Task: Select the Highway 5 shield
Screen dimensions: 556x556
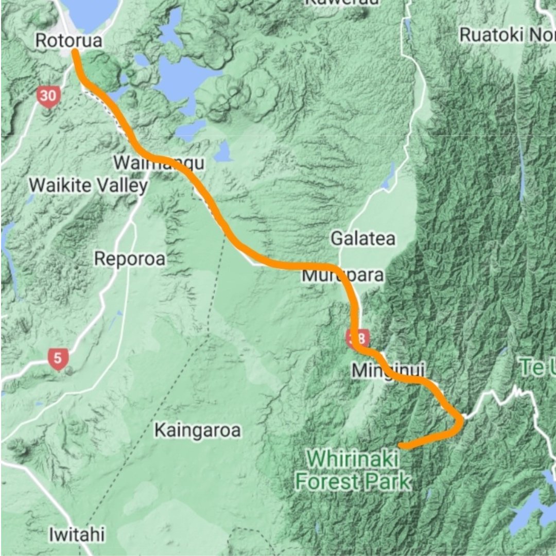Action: coord(58,359)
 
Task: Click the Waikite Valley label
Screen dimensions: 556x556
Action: coord(88,185)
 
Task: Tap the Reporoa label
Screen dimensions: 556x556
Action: coord(130,258)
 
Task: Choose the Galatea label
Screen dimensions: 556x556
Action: coord(363,238)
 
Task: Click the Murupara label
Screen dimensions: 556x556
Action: coord(342,275)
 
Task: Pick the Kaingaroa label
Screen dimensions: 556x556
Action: coord(198,430)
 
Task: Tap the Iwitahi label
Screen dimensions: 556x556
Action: coord(77,534)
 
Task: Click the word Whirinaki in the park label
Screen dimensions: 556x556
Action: coord(346,459)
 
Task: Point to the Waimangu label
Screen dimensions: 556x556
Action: coord(159,163)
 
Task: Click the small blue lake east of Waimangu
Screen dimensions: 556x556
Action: coord(223,152)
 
